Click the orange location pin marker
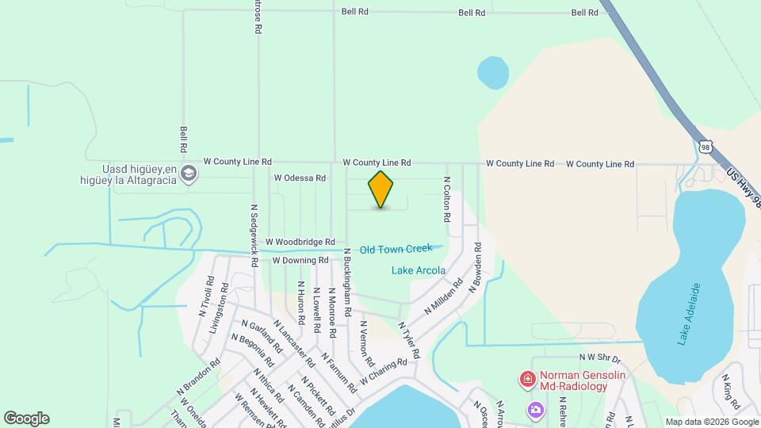point(380,189)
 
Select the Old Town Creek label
point(396,250)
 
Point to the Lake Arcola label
point(418,270)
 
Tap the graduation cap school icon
point(189,174)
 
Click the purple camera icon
point(536,409)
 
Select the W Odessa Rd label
point(300,178)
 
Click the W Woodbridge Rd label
point(300,242)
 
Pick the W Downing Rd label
point(300,260)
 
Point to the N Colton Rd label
point(447,198)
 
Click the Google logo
point(26,418)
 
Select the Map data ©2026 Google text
point(710,422)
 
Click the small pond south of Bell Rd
point(492,73)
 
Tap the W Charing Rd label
point(383,369)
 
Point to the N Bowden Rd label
point(477,268)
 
